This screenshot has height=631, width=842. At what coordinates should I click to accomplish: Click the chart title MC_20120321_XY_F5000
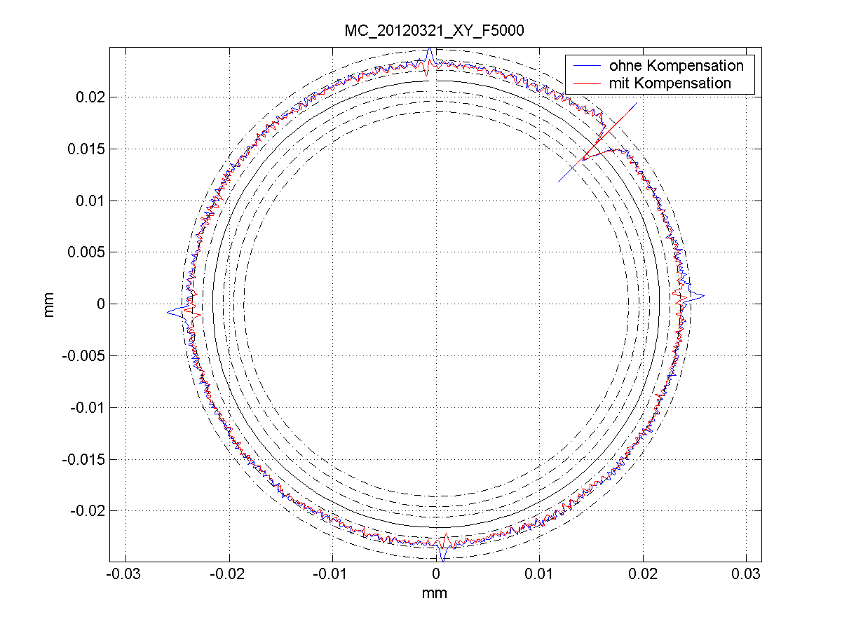click(x=435, y=32)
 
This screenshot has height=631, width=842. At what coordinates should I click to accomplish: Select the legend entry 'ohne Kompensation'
click(x=676, y=66)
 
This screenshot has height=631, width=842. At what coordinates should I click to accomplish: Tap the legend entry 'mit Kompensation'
click(x=670, y=83)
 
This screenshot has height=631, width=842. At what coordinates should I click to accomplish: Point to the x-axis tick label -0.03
click(x=125, y=574)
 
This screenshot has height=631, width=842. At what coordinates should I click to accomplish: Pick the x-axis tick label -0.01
click(x=332, y=574)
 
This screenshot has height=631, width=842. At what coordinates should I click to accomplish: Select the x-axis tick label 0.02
click(x=642, y=574)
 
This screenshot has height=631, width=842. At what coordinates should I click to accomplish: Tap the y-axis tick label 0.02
click(x=90, y=97)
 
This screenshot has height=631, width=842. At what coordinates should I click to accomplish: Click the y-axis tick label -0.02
click(x=88, y=510)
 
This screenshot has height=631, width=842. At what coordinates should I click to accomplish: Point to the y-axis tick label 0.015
click(x=87, y=149)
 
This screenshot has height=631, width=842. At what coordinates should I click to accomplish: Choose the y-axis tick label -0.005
click(x=84, y=355)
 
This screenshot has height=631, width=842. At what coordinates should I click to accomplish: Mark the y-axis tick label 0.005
click(x=87, y=252)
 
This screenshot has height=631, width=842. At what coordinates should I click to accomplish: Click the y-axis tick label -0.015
click(x=84, y=459)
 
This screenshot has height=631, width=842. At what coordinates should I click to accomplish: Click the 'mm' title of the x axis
click(x=435, y=593)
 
